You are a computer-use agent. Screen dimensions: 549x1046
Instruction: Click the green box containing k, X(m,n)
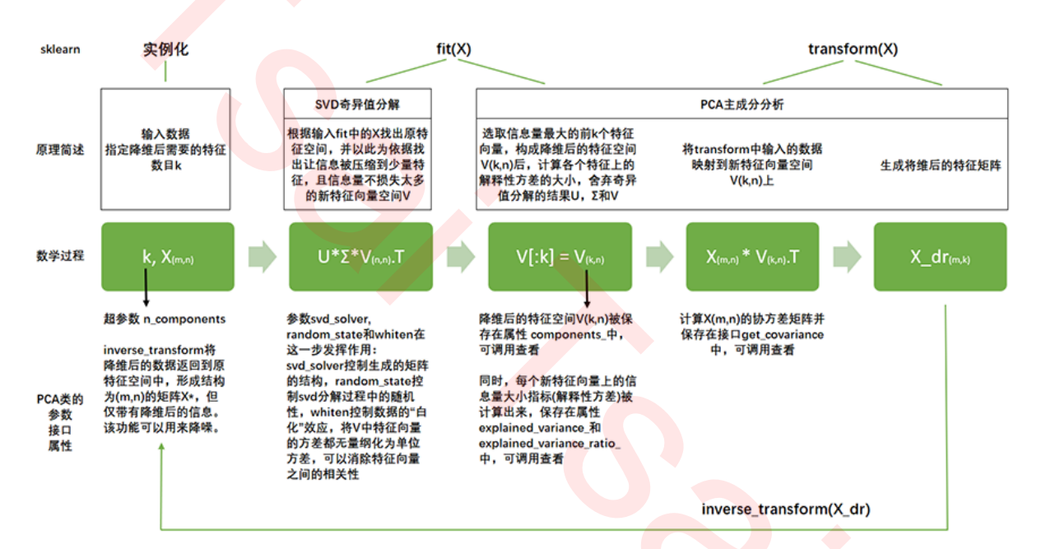[x=168, y=256]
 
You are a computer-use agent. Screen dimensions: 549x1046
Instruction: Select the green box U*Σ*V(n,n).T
[x=360, y=256]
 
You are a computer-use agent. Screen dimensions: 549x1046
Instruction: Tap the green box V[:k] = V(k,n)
[x=560, y=256]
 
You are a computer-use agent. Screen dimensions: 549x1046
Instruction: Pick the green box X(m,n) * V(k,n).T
[x=751, y=256]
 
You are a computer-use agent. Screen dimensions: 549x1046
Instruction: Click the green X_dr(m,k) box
[x=940, y=256]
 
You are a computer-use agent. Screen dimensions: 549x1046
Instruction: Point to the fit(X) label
[x=453, y=49]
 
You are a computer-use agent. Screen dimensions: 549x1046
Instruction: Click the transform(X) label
[x=853, y=49]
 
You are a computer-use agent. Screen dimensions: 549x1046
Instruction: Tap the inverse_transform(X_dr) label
[x=786, y=509]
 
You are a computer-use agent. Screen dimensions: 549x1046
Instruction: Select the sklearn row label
[x=60, y=49]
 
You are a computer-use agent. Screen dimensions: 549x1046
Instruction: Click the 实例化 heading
[x=165, y=49]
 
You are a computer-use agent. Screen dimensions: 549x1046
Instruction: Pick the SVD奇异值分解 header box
[x=360, y=105]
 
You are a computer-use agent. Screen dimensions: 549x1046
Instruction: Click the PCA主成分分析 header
[x=742, y=105]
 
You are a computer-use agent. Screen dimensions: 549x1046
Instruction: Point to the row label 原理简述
[x=60, y=150]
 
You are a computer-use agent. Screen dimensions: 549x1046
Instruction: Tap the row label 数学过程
[x=60, y=255]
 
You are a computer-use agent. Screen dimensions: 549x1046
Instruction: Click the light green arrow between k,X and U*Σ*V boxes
[x=263, y=256]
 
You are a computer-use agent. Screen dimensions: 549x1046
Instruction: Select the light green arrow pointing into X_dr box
[x=846, y=256]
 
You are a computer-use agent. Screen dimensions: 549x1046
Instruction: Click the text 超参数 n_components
[x=165, y=319]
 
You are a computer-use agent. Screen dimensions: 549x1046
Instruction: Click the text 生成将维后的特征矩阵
[x=940, y=165]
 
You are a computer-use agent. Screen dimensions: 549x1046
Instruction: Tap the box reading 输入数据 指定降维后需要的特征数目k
[x=165, y=150]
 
